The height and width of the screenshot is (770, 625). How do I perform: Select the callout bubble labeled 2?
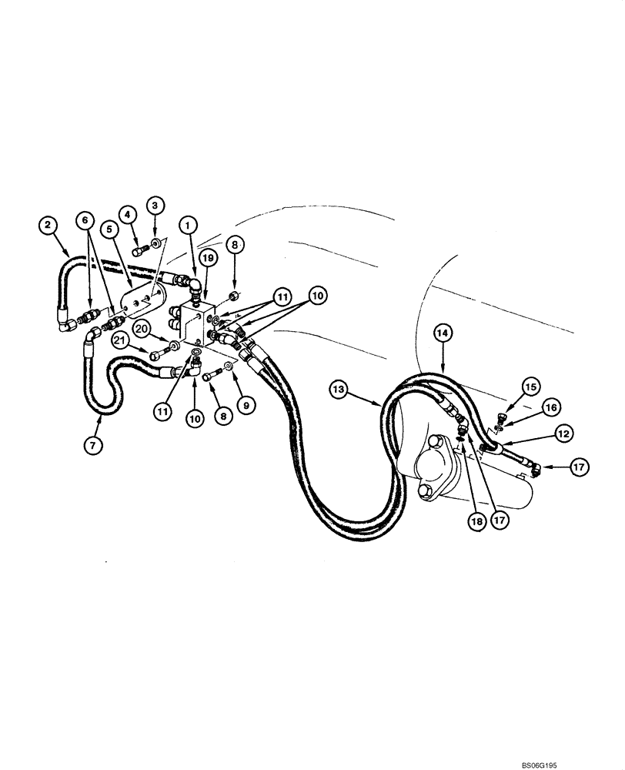(48, 225)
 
